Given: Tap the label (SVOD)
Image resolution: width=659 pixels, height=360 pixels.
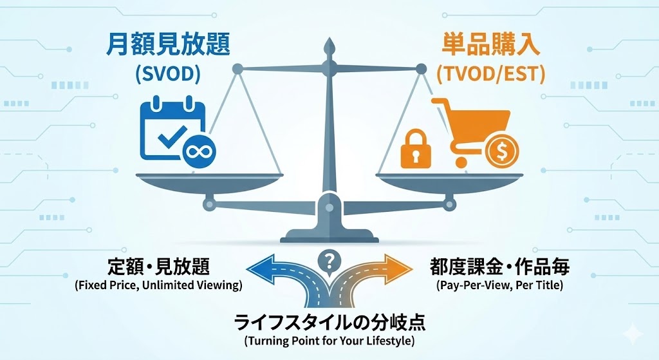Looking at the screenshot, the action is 168,74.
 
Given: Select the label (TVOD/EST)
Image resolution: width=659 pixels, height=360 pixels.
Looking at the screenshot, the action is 490,74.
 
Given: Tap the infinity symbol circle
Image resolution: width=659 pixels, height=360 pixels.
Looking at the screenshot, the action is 199,153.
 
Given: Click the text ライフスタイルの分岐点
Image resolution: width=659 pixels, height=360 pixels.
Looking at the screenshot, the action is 329,321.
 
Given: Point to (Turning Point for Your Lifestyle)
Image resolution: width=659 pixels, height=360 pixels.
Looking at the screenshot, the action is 329,339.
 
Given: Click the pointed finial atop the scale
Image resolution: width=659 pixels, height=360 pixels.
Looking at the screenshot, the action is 329,46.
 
